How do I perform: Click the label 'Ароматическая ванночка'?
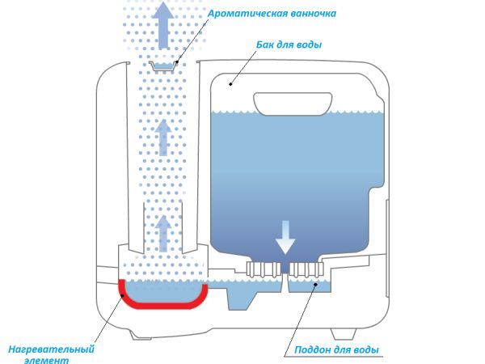coord(272,14)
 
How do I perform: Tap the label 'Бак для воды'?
coord(284,44)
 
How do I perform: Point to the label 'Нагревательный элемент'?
coord(51,354)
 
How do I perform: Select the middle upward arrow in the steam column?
coord(164,138)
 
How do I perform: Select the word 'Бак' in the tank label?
coord(256,44)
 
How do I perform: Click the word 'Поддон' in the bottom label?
coord(311,349)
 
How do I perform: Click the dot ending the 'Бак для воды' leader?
coord(231,82)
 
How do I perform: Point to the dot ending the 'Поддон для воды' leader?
coord(313,286)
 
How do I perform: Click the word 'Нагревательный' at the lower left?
coord(51,349)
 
